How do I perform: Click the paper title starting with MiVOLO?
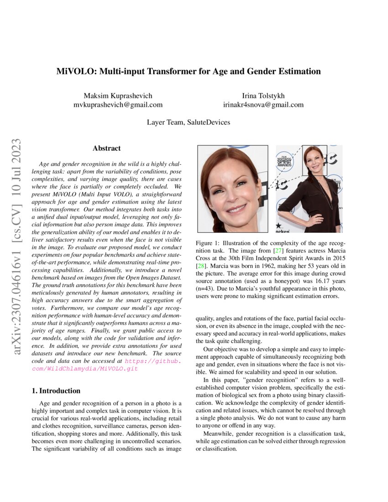(x=189, y=72)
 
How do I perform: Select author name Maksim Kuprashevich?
(x=118, y=95)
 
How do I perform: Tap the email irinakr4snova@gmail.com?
(x=263, y=105)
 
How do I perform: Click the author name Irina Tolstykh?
(x=263, y=95)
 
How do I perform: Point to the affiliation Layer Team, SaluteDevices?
(x=189, y=122)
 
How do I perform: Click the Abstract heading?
(x=106, y=148)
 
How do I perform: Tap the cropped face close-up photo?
(x=232, y=188)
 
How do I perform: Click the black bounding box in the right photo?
(x=315, y=160)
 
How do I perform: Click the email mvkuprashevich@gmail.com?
(x=118, y=105)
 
